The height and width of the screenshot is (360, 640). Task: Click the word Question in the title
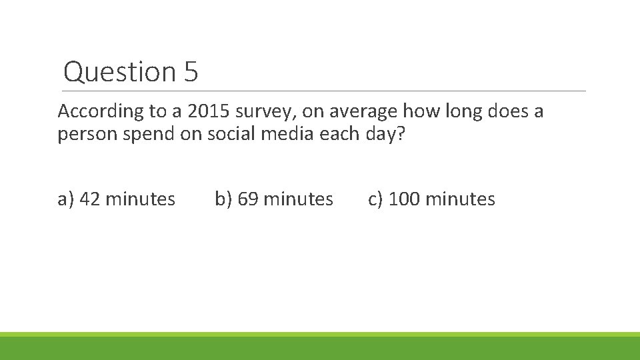click(x=119, y=72)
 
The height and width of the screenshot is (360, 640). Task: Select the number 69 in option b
click(x=249, y=199)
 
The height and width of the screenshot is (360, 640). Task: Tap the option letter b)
click(x=223, y=199)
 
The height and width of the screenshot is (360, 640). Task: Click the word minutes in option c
click(x=459, y=199)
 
